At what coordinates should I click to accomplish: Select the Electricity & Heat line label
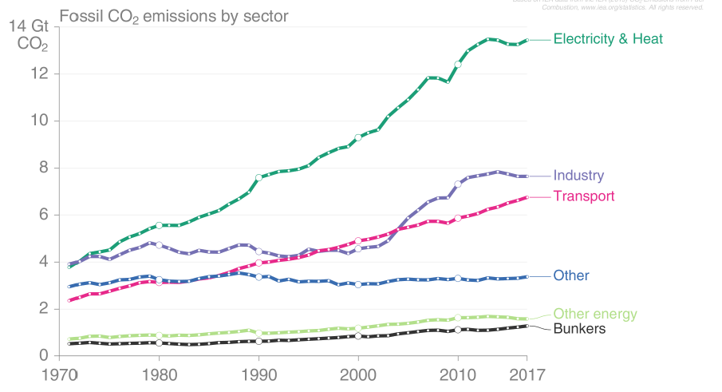click(x=608, y=38)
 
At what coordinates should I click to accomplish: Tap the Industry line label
click(x=578, y=176)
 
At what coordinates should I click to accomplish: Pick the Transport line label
click(x=584, y=196)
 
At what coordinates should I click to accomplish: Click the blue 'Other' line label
click(x=571, y=276)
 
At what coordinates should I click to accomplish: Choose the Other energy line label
click(x=595, y=314)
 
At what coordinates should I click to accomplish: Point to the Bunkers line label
click(x=579, y=329)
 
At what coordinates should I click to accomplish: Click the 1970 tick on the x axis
click(x=59, y=374)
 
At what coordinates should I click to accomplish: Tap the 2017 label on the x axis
click(x=527, y=374)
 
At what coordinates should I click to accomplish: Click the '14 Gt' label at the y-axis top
click(x=29, y=26)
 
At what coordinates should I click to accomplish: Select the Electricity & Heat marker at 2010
click(x=458, y=65)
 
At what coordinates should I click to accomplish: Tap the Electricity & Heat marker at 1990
click(x=259, y=177)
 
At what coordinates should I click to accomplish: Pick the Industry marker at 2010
click(x=458, y=184)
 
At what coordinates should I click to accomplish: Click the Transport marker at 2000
click(x=358, y=240)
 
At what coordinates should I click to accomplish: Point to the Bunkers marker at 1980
click(x=160, y=343)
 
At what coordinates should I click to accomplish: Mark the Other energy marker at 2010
click(x=458, y=318)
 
